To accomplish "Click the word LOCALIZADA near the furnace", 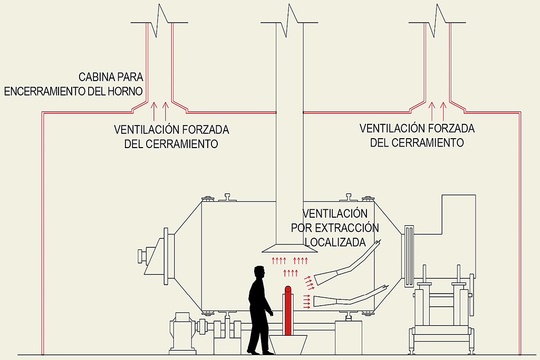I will [x=335, y=242].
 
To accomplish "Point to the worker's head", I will [x=258, y=272].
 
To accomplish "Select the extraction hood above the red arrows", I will [x=289, y=248].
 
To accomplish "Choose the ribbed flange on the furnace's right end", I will [x=409, y=256].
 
